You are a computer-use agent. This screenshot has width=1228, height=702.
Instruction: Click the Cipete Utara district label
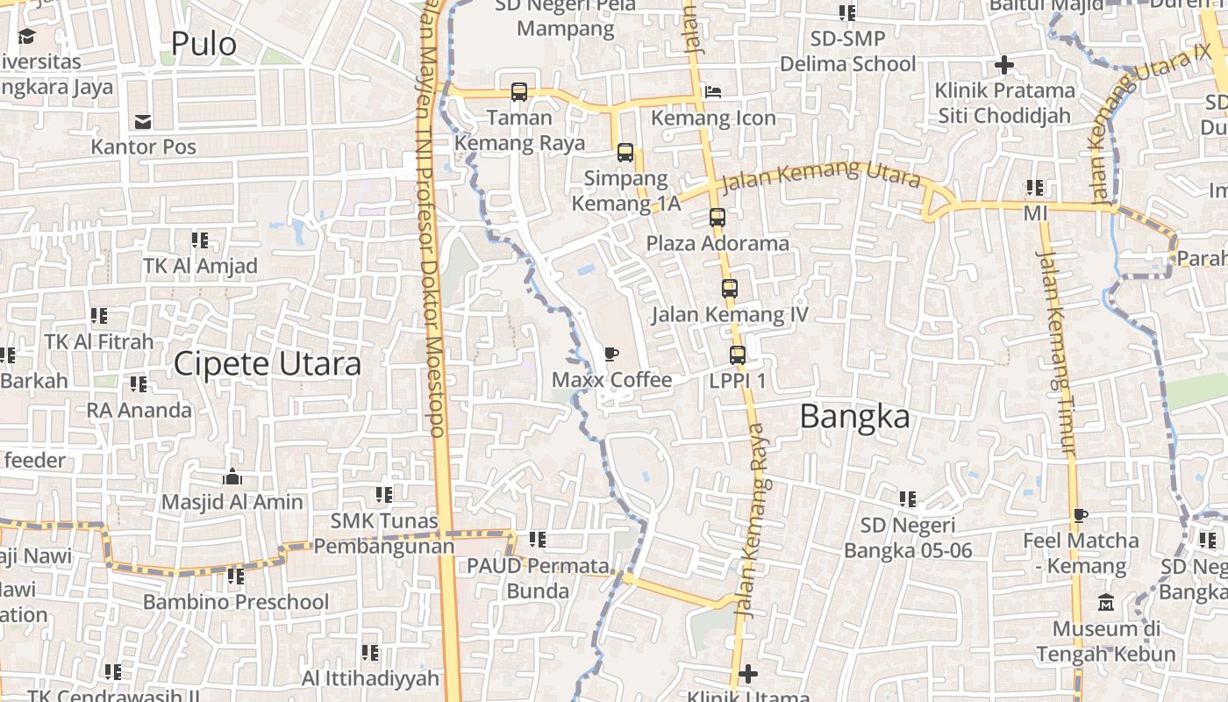(x=267, y=363)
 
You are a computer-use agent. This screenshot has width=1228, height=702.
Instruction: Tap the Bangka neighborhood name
(x=854, y=418)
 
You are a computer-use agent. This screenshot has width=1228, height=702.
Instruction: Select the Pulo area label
(x=203, y=43)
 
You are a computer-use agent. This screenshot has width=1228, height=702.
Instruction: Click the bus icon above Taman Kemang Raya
(x=519, y=91)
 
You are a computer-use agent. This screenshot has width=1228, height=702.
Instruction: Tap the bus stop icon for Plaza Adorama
(x=718, y=217)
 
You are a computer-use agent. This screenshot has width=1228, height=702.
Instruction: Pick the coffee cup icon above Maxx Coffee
(x=611, y=354)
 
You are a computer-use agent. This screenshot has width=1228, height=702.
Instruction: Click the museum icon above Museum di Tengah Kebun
(x=1105, y=603)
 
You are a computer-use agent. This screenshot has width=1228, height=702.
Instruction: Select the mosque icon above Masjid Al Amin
(x=232, y=476)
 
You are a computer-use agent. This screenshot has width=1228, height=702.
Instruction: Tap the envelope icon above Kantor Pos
(x=142, y=121)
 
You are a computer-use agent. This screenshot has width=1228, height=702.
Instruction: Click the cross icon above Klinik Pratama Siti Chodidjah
(x=1004, y=64)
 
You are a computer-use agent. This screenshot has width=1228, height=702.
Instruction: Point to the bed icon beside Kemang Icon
(x=713, y=91)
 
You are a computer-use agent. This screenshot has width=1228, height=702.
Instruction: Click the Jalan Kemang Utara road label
(x=820, y=175)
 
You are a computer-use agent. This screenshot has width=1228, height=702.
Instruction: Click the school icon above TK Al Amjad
(x=200, y=240)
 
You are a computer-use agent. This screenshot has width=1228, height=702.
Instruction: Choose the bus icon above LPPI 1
(x=738, y=355)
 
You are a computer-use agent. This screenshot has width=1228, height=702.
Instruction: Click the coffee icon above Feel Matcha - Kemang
(x=1081, y=515)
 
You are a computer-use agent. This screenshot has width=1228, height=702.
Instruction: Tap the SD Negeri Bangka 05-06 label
(x=908, y=537)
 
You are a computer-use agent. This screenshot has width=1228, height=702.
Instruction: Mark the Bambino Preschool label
(x=236, y=602)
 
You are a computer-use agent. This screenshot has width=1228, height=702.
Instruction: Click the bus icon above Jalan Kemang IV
(x=730, y=288)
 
